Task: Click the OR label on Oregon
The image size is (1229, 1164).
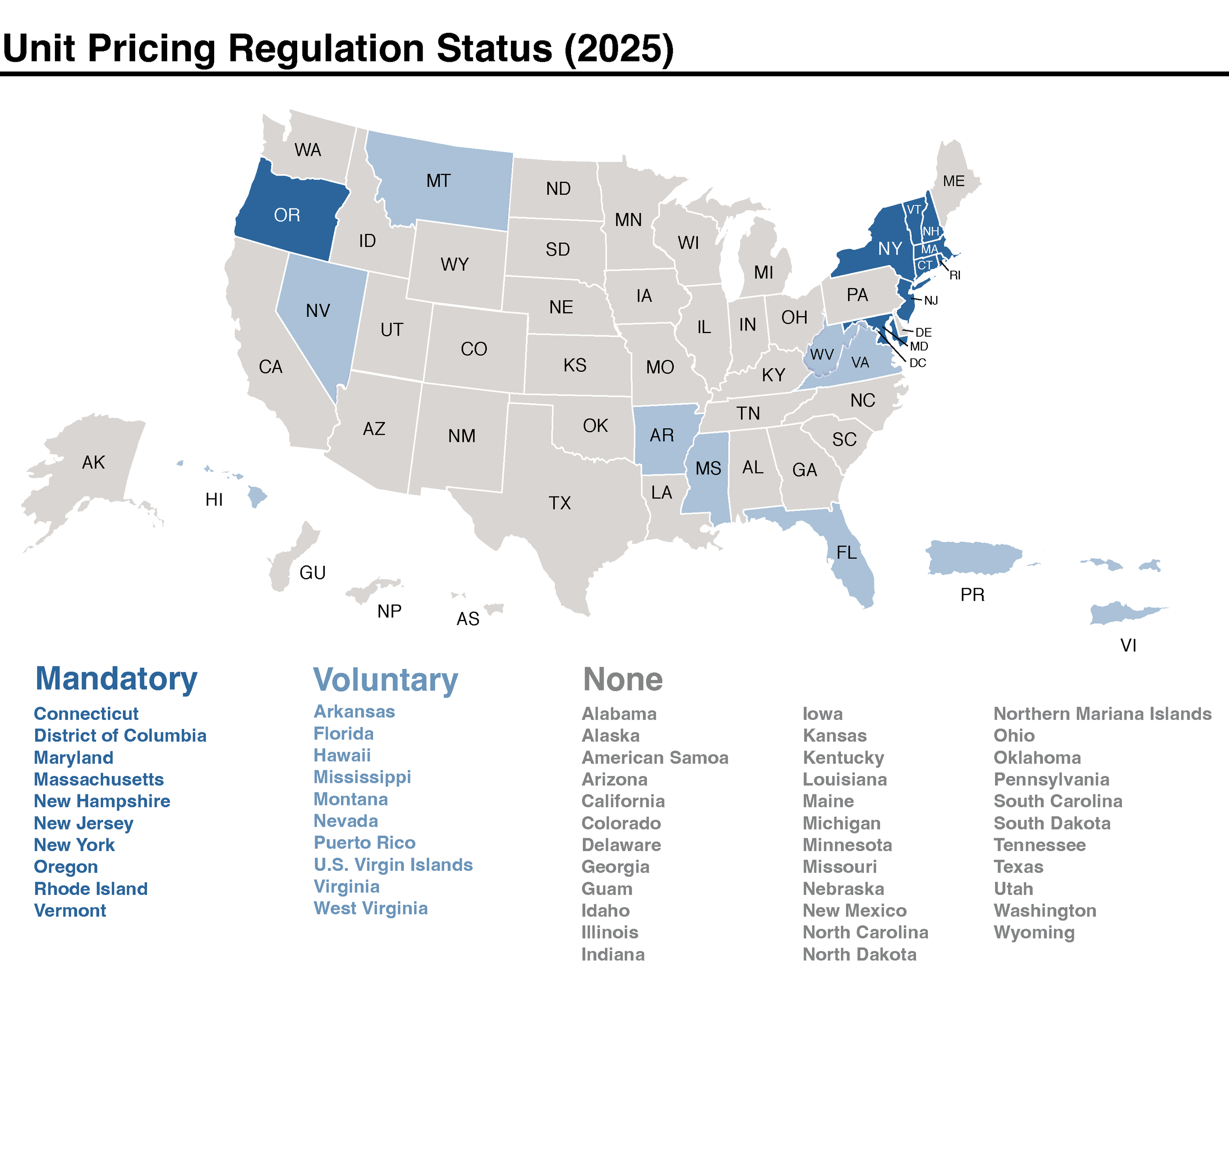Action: point(287,216)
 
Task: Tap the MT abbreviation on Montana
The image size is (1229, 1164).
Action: point(438,181)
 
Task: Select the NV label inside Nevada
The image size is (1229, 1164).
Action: point(318,311)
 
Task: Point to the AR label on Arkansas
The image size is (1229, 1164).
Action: point(661,435)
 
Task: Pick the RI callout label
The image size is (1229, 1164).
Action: point(955,276)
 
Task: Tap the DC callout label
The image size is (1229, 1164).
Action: point(917,363)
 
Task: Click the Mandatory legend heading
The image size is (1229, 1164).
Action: point(116,679)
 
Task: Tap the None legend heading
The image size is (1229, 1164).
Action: point(622,679)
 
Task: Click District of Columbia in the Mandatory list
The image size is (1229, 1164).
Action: point(120,736)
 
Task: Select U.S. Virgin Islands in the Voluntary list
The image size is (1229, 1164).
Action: point(393,865)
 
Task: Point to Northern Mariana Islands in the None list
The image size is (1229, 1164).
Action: point(1102,714)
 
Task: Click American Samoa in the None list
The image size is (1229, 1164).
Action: point(654,758)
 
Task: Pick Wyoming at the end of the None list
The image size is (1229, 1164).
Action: point(1034,933)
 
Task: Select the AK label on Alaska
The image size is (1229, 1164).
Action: point(93,463)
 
